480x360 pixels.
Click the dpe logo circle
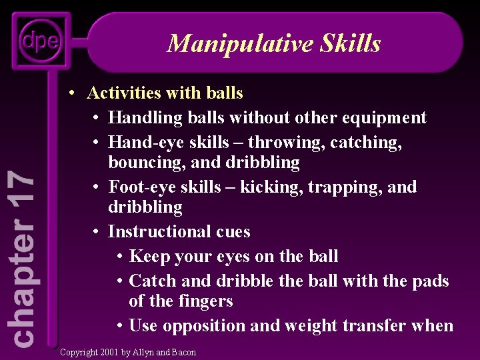[x=39, y=41]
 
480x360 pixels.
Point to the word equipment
[x=383, y=118]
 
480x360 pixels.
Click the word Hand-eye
[x=139, y=143]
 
